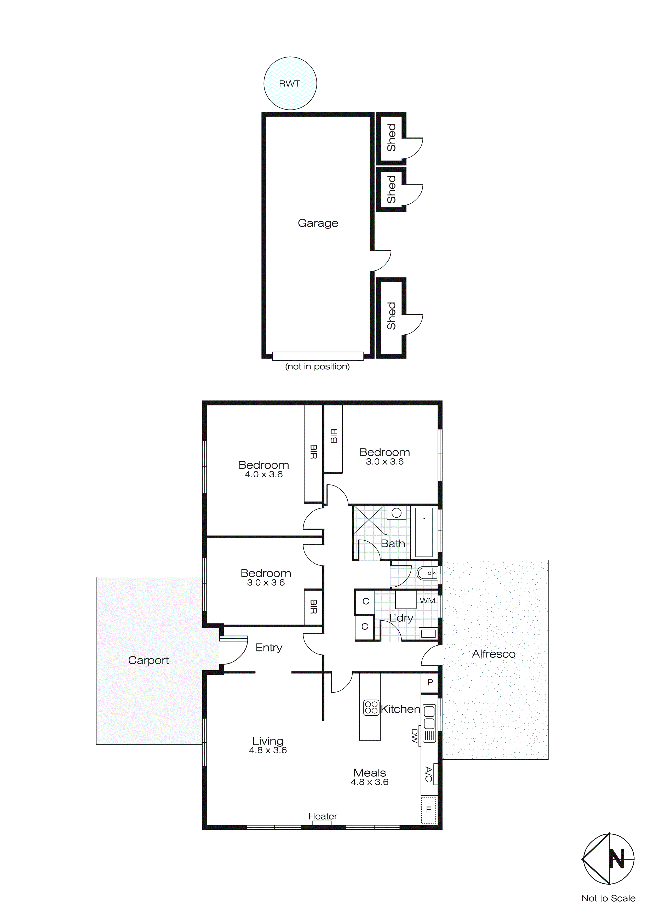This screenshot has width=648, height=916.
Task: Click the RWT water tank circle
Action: pyautogui.click(x=290, y=83)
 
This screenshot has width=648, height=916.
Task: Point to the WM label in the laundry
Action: pyautogui.click(x=427, y=601)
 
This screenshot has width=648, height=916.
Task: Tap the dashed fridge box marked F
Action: pyautogui.click(x=428, y=810)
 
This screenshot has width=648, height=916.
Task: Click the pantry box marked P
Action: pyautogui.click(x=430, y=683)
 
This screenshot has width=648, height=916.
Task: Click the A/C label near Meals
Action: pyautogui.click(x=428, y=774)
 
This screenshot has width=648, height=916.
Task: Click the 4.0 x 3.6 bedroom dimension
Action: pyautogui.click(x=264, y=474)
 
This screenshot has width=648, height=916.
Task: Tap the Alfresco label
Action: pyautogui.click(x=494, y=654)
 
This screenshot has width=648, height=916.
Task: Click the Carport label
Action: pyautogui.click(x=148, y=660)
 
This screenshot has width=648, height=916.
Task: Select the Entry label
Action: pyautogui.click(x=268, y=648)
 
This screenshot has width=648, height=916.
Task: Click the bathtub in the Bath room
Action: pyautogui.click(x=424, y=532)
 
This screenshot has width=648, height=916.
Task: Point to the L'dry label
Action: pyautogui.click(x=401, y=618)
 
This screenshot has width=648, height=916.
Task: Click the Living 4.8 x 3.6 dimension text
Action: pyautogui.click(x=268, y=750)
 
